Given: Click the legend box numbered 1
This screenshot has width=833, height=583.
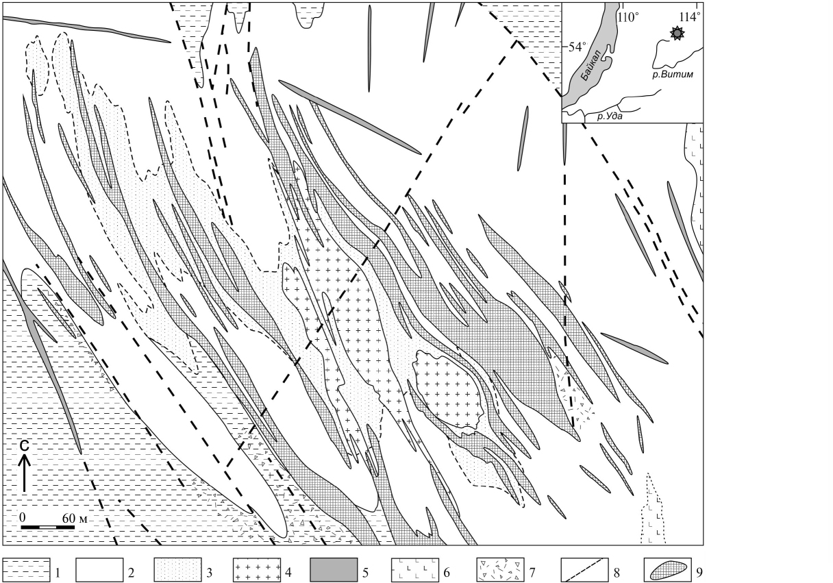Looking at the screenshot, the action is [27, 569].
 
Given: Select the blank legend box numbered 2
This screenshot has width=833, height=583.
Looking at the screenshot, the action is [99, 569].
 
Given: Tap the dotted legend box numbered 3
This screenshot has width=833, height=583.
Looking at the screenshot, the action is [177, 569].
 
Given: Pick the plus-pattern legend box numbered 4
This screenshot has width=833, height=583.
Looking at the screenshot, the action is [257, 569].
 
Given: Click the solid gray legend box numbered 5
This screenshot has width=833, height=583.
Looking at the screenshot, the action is [334, 569].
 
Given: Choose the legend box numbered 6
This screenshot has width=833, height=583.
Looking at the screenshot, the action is [415, 569].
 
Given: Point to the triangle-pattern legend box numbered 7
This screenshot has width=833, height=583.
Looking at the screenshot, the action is [501, 569].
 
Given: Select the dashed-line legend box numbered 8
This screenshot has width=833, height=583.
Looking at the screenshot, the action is [584, 569].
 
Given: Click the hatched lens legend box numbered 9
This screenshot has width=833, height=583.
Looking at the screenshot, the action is [668, 569].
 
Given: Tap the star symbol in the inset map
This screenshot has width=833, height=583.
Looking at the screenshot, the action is [677, 34].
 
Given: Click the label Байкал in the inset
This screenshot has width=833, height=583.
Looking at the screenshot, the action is [590, 66].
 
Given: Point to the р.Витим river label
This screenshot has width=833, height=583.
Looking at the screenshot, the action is [673, 75].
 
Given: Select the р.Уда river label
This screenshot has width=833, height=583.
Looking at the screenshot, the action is [610, 116].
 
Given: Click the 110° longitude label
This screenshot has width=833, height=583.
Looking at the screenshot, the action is [628, 17].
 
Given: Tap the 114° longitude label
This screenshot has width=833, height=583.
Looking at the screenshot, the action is [690, 17].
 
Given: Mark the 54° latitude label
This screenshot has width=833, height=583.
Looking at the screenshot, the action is [577, 47].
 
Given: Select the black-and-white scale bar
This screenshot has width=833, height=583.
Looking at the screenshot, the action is [47, 527].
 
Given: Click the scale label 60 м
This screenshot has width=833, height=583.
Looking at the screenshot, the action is [75, 518].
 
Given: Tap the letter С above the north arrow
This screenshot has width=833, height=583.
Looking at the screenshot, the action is [24, 446].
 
